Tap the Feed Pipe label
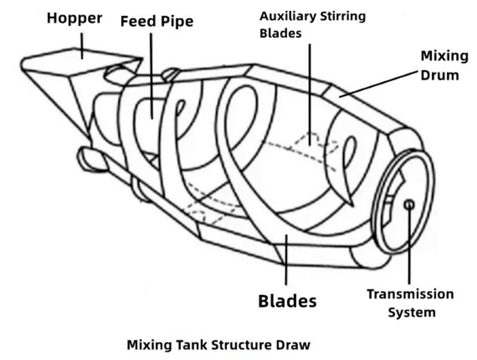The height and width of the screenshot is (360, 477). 157,22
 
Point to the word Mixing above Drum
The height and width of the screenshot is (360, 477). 444,56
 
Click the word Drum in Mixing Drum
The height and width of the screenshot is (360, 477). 443,75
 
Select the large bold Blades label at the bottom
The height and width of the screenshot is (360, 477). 287,300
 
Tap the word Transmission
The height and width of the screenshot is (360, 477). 410,294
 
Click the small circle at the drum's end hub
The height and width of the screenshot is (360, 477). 409,204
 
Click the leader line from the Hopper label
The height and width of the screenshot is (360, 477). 82,41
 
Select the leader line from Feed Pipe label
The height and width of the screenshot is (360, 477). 152,72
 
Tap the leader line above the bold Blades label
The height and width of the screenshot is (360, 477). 287,262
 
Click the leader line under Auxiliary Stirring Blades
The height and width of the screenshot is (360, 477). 309,89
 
